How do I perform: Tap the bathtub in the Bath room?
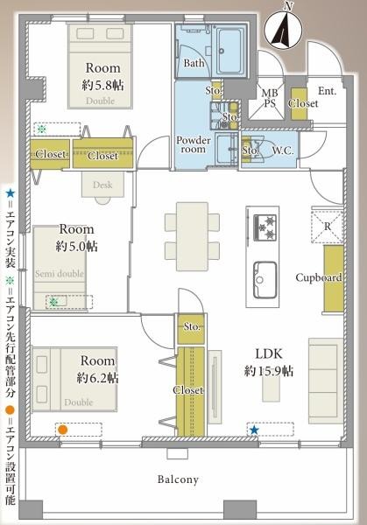229,52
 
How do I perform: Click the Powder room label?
194,144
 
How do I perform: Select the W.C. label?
283,151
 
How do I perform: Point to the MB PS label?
270,98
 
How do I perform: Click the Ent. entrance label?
327,91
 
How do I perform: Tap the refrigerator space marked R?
327,227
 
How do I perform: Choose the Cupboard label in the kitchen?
319,277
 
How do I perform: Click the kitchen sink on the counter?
265,280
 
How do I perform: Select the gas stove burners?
265,227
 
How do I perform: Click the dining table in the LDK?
193,236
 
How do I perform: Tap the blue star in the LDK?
254,430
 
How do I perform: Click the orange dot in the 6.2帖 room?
62,430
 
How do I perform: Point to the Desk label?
102,185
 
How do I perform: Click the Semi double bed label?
60,274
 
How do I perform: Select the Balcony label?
178,479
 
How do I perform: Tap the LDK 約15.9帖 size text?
269,362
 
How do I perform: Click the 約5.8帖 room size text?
102,85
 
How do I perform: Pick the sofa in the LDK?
326,381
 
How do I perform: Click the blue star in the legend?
11,193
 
